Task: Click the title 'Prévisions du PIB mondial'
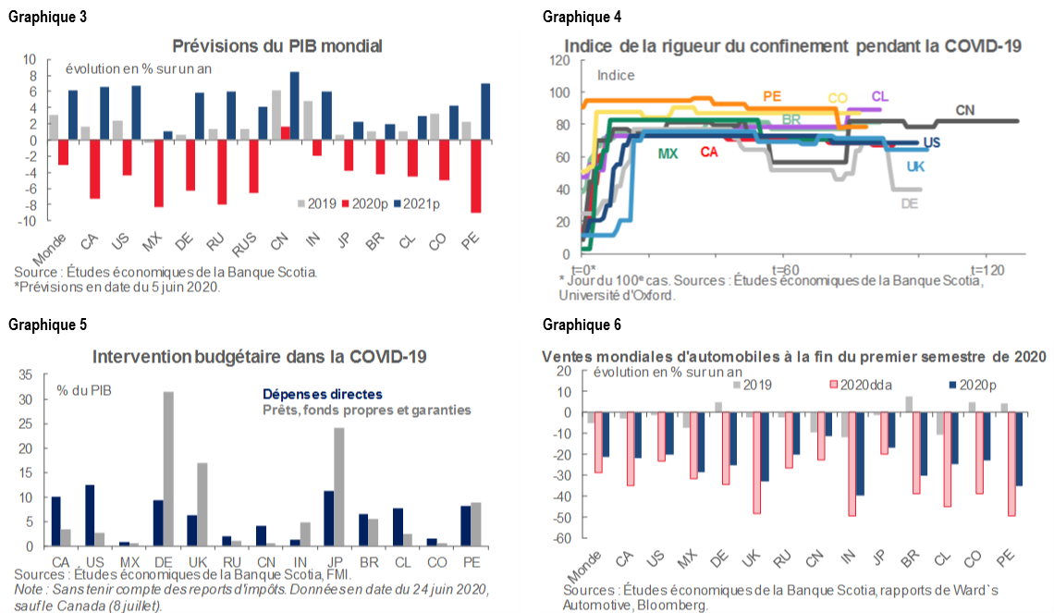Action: pyautogui.click(x=263, y=45)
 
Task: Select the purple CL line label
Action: pyautogui.click(x=879, y=96)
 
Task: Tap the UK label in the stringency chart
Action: pyautogui.click(x=915, y=166)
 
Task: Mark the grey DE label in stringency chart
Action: pyautogui.click(x=909, y=203)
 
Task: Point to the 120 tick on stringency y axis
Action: pyautogui.click(x=558, y=60)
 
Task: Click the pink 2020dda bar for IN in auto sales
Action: pyautogui.click(x=851, y=464)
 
